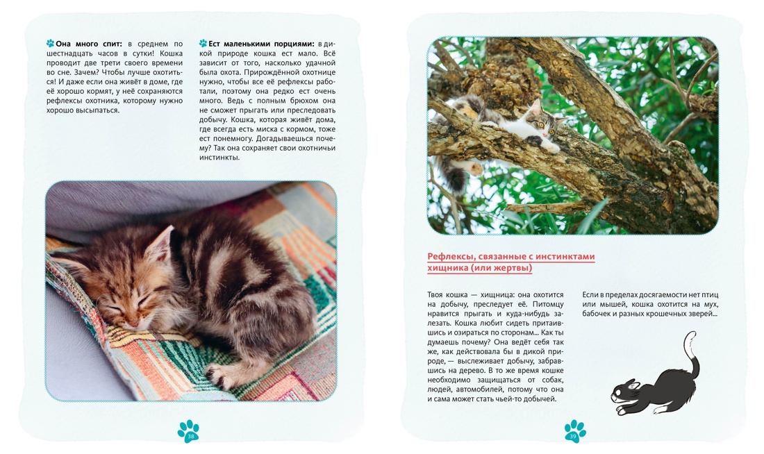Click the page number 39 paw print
(x=575, y=431)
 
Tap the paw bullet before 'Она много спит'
(x=50, y=43)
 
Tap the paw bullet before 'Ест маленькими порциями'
(x=204, y=43)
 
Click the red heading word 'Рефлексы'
(x=450, y=256)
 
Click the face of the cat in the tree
(x=544, y=121)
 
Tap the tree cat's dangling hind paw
(x=474, y=169)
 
